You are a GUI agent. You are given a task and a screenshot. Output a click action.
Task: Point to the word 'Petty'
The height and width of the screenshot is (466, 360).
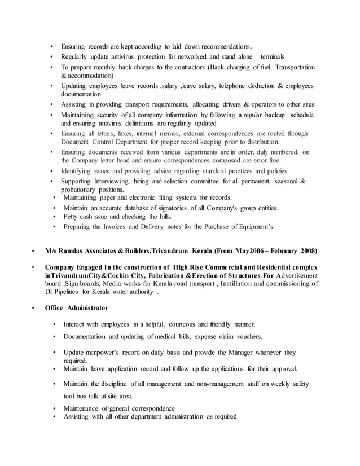point(72,217)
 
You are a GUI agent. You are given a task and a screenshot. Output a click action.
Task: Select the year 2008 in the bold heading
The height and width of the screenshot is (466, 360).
point(308,250)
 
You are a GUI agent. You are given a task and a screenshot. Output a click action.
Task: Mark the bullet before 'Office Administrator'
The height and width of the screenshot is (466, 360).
point(33,308)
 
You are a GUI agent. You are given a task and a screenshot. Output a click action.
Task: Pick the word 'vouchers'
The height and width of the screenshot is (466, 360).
point(247,336)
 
